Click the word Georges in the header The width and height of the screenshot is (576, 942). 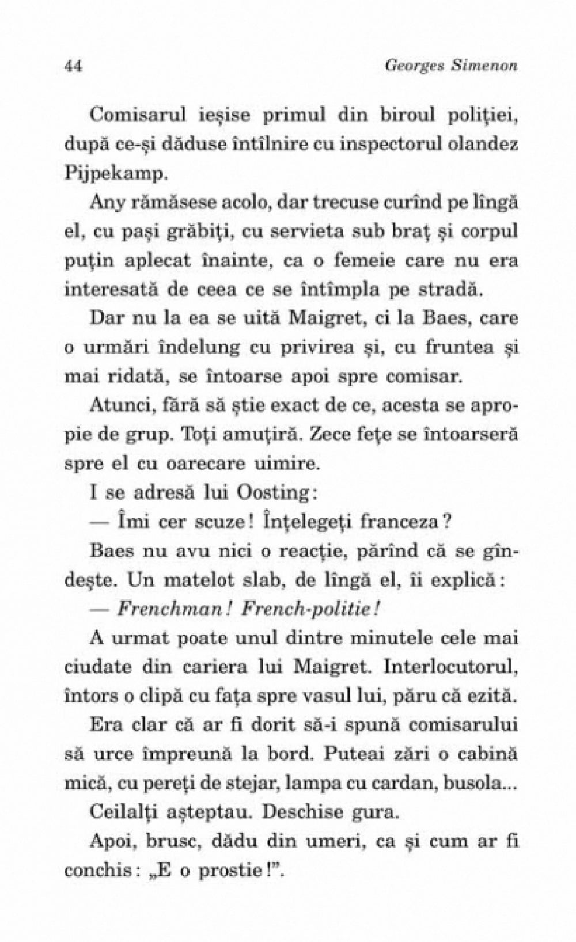pos(408,66)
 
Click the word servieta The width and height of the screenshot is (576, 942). pos(321,231)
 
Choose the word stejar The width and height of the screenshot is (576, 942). pos(294,783)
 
